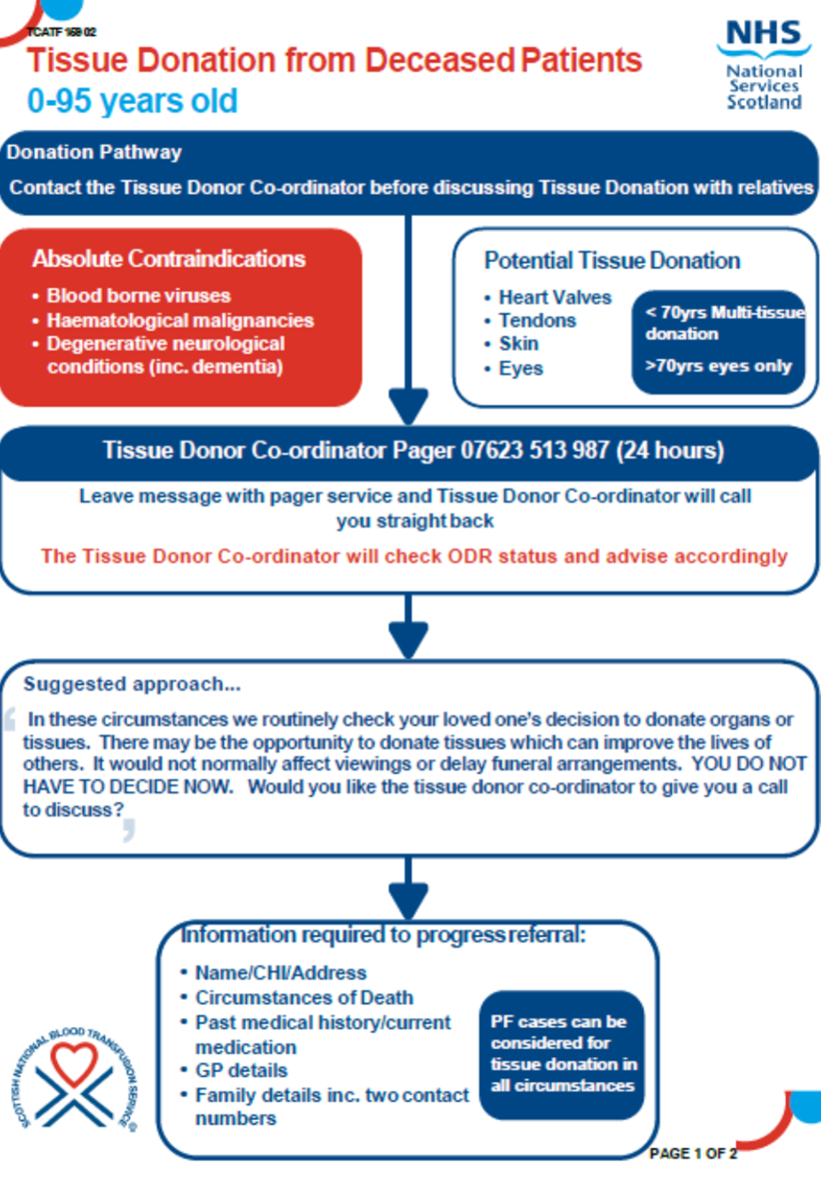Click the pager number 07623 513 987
[534, 451]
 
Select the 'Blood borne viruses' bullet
[138, 296]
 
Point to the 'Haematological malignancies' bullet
[180, 320]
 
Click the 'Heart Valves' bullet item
[554, 297]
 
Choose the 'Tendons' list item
[537, 320]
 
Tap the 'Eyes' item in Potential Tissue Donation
[520, 368]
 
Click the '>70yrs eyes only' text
[718, 365]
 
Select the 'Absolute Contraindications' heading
[169, 259]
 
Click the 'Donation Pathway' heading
[94, 153]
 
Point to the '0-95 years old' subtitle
[133, 101]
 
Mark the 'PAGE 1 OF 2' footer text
[692, 1153]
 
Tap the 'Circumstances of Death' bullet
[304, 997]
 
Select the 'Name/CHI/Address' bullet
[281, 972]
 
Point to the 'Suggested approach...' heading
[132, 684]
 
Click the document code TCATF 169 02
[62, 33]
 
